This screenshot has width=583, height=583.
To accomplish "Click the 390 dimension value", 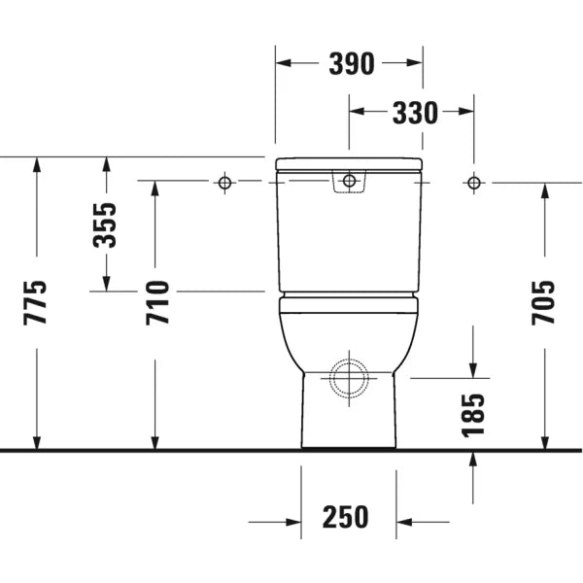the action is point(352,63).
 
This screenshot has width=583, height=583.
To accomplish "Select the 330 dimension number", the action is point(415,113).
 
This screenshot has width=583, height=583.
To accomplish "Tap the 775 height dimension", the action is point(35,302).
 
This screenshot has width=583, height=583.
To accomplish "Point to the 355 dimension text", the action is point(105,225).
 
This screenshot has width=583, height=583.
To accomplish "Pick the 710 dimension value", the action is point(157,302).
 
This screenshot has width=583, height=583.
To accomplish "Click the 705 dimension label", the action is point(543,302).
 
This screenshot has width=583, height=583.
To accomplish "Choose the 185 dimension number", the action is point(473,415).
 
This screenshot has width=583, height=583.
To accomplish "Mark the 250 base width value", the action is point(345,517).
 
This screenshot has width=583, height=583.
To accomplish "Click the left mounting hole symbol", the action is point(224,183).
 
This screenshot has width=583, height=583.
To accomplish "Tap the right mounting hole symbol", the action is point(474,183).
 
